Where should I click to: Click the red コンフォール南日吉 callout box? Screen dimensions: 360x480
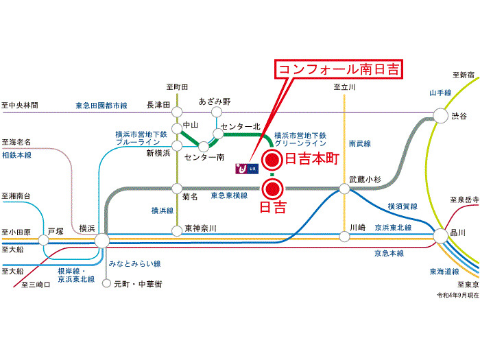339,69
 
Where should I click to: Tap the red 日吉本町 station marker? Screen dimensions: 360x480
272,160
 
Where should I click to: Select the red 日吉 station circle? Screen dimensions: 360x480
272,187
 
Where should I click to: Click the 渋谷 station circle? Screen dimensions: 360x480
440,116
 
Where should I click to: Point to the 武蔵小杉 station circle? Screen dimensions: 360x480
345,188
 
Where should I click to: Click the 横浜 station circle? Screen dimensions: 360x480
102,240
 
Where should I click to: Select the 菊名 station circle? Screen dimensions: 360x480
176,187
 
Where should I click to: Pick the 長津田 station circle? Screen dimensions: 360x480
176,112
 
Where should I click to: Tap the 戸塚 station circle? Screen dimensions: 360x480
45,240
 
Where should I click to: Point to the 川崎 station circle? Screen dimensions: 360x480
345,235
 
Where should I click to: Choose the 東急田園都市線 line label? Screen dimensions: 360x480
101,106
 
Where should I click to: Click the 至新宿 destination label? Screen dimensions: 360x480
464,75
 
